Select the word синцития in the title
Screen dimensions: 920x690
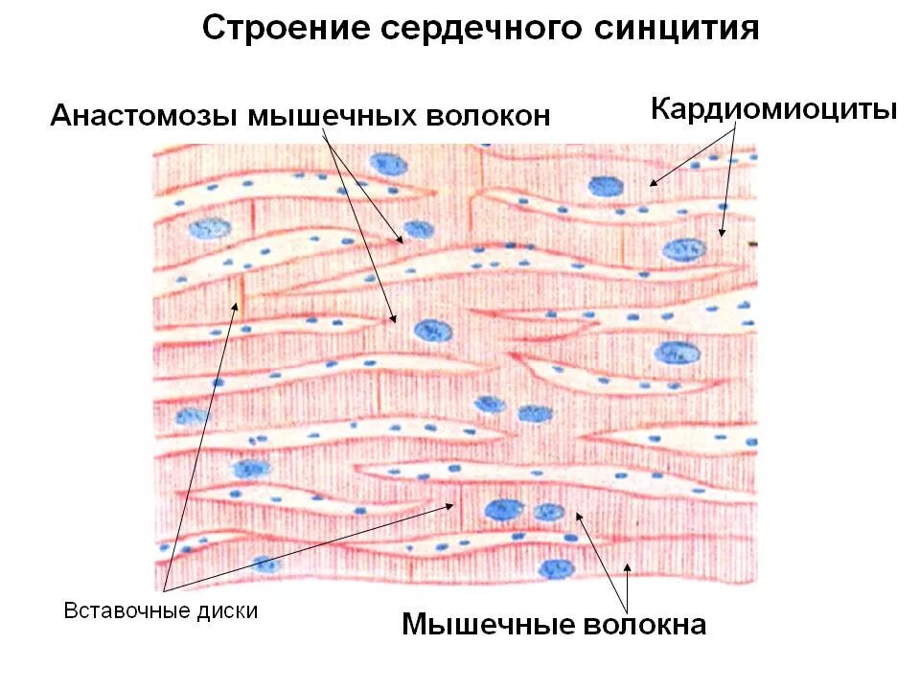(677, 28)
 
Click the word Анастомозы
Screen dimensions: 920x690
(144, 116)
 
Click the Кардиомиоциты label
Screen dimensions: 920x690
(773, 108)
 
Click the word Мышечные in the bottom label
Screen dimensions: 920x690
(487, 625)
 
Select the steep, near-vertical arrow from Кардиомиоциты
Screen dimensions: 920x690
(728, 182)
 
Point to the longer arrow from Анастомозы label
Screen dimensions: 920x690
(358, 225)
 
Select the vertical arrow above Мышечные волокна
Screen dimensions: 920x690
(628, 586)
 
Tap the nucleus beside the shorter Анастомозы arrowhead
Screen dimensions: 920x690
(418, 229)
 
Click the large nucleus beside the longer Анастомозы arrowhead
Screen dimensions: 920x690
(433, 331)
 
